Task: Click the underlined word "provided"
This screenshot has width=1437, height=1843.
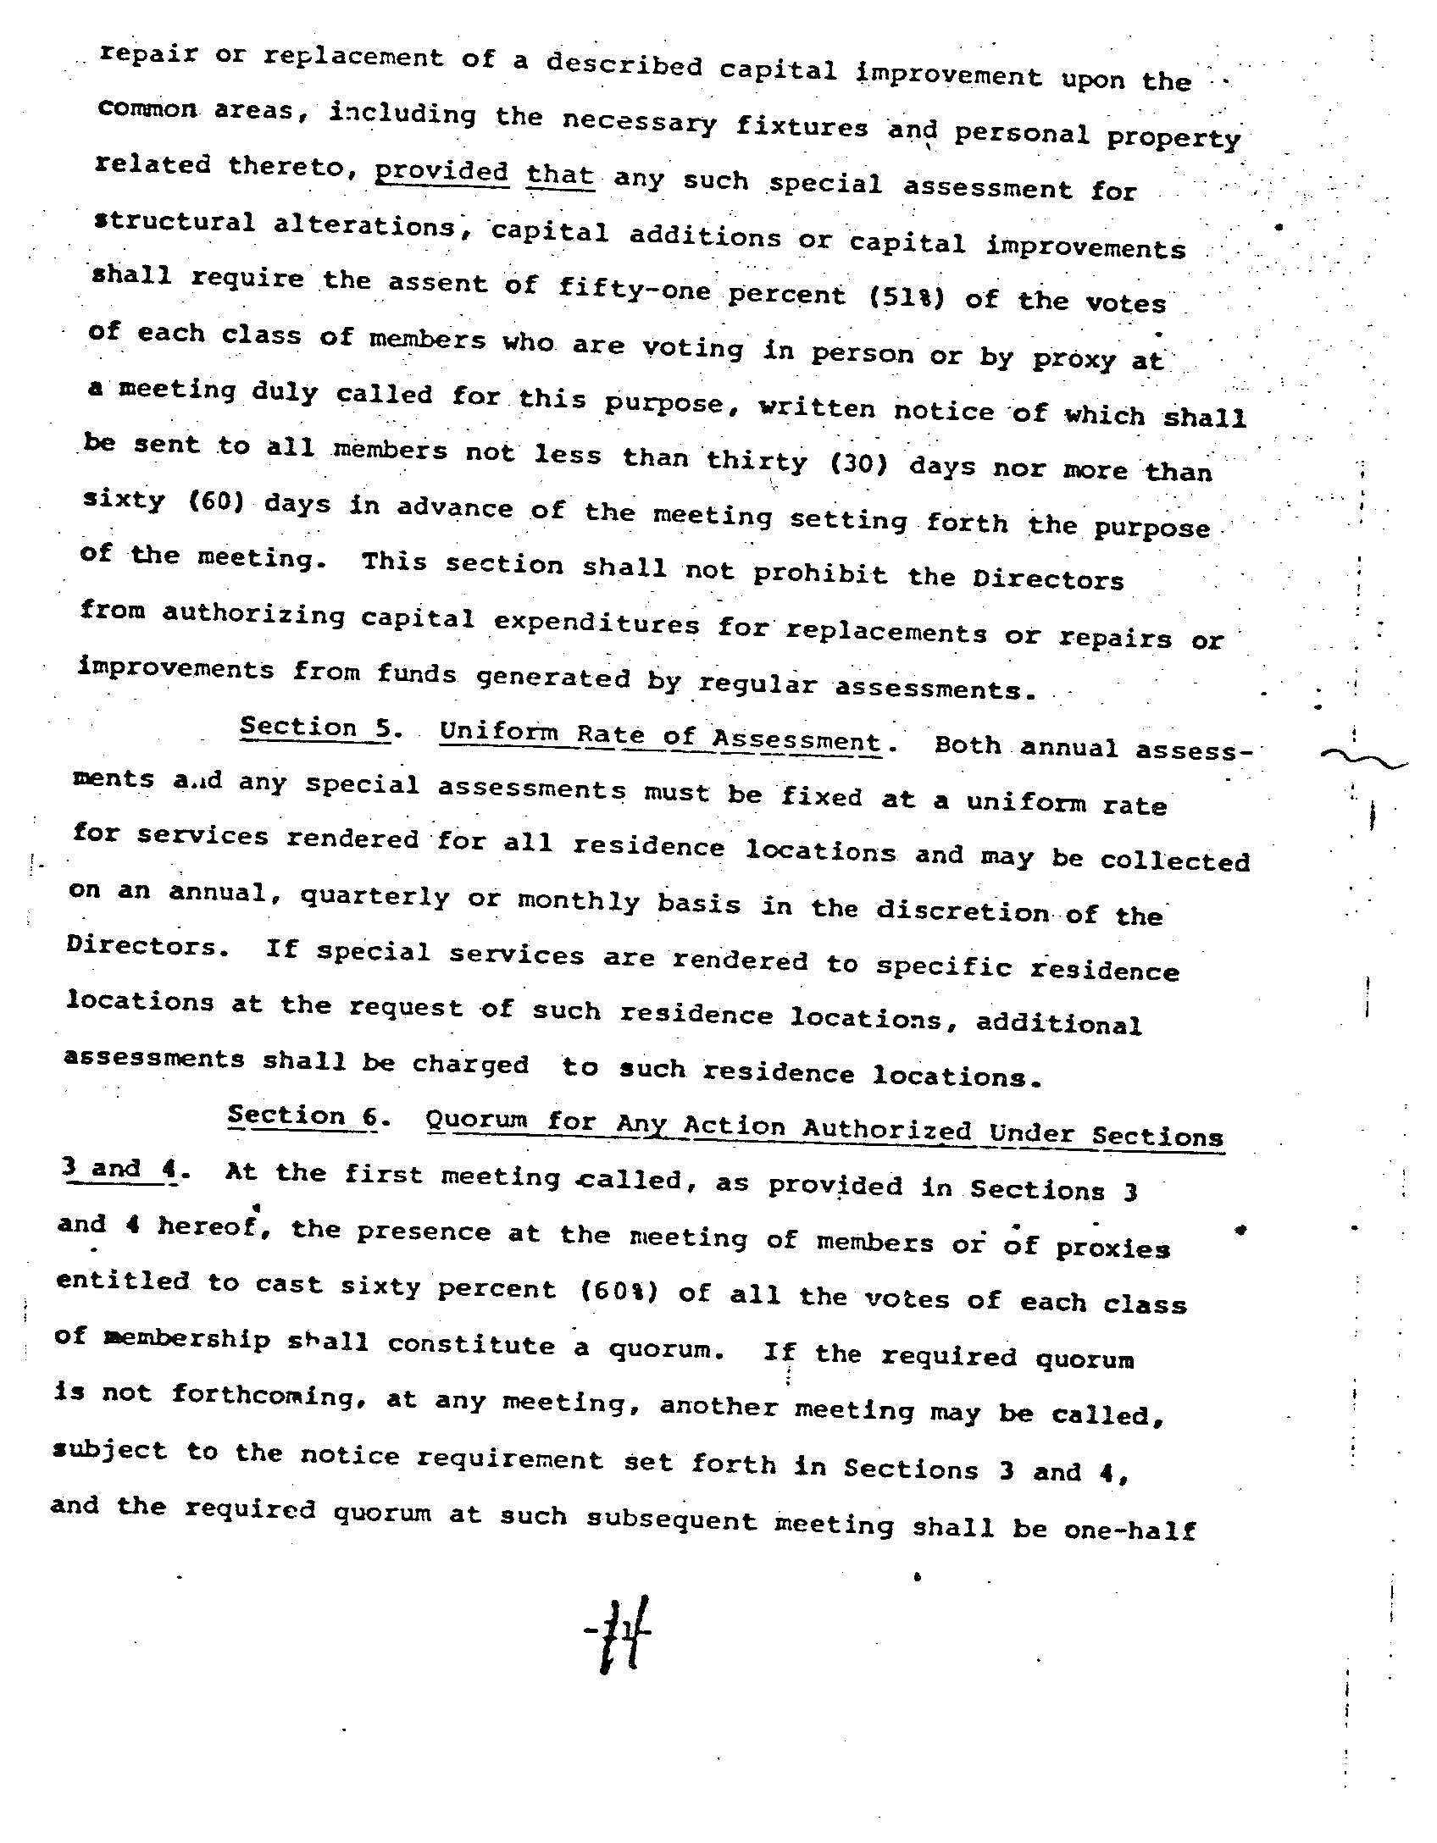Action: click(441, 172)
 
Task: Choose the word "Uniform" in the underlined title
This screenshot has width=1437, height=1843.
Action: click(495, 733)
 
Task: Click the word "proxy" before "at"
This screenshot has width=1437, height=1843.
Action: click(1073, 360)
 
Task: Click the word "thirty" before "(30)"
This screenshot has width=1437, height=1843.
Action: click(756, 460)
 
